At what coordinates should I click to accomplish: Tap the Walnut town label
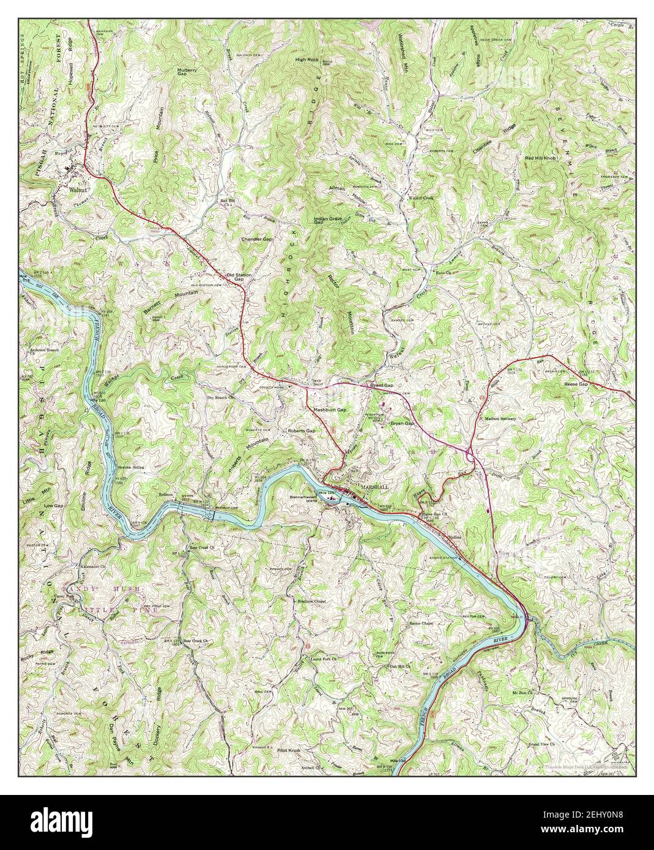pos(77,190)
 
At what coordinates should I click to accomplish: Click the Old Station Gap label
pos(239,278)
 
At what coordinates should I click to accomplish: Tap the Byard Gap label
pos(381,385)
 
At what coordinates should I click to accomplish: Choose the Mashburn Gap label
pos(330,409)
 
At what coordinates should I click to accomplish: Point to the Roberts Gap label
pos(302,431)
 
